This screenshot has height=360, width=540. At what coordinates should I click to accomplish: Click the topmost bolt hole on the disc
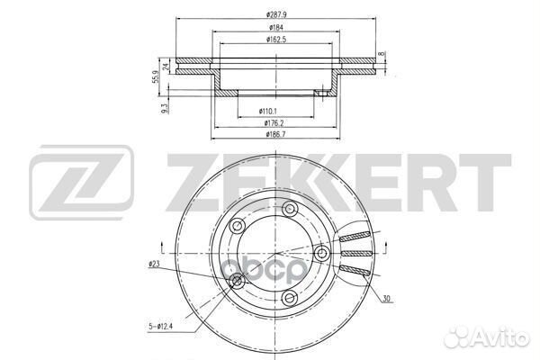[291, 209]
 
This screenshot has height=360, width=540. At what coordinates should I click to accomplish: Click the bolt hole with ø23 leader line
[238, 283]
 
